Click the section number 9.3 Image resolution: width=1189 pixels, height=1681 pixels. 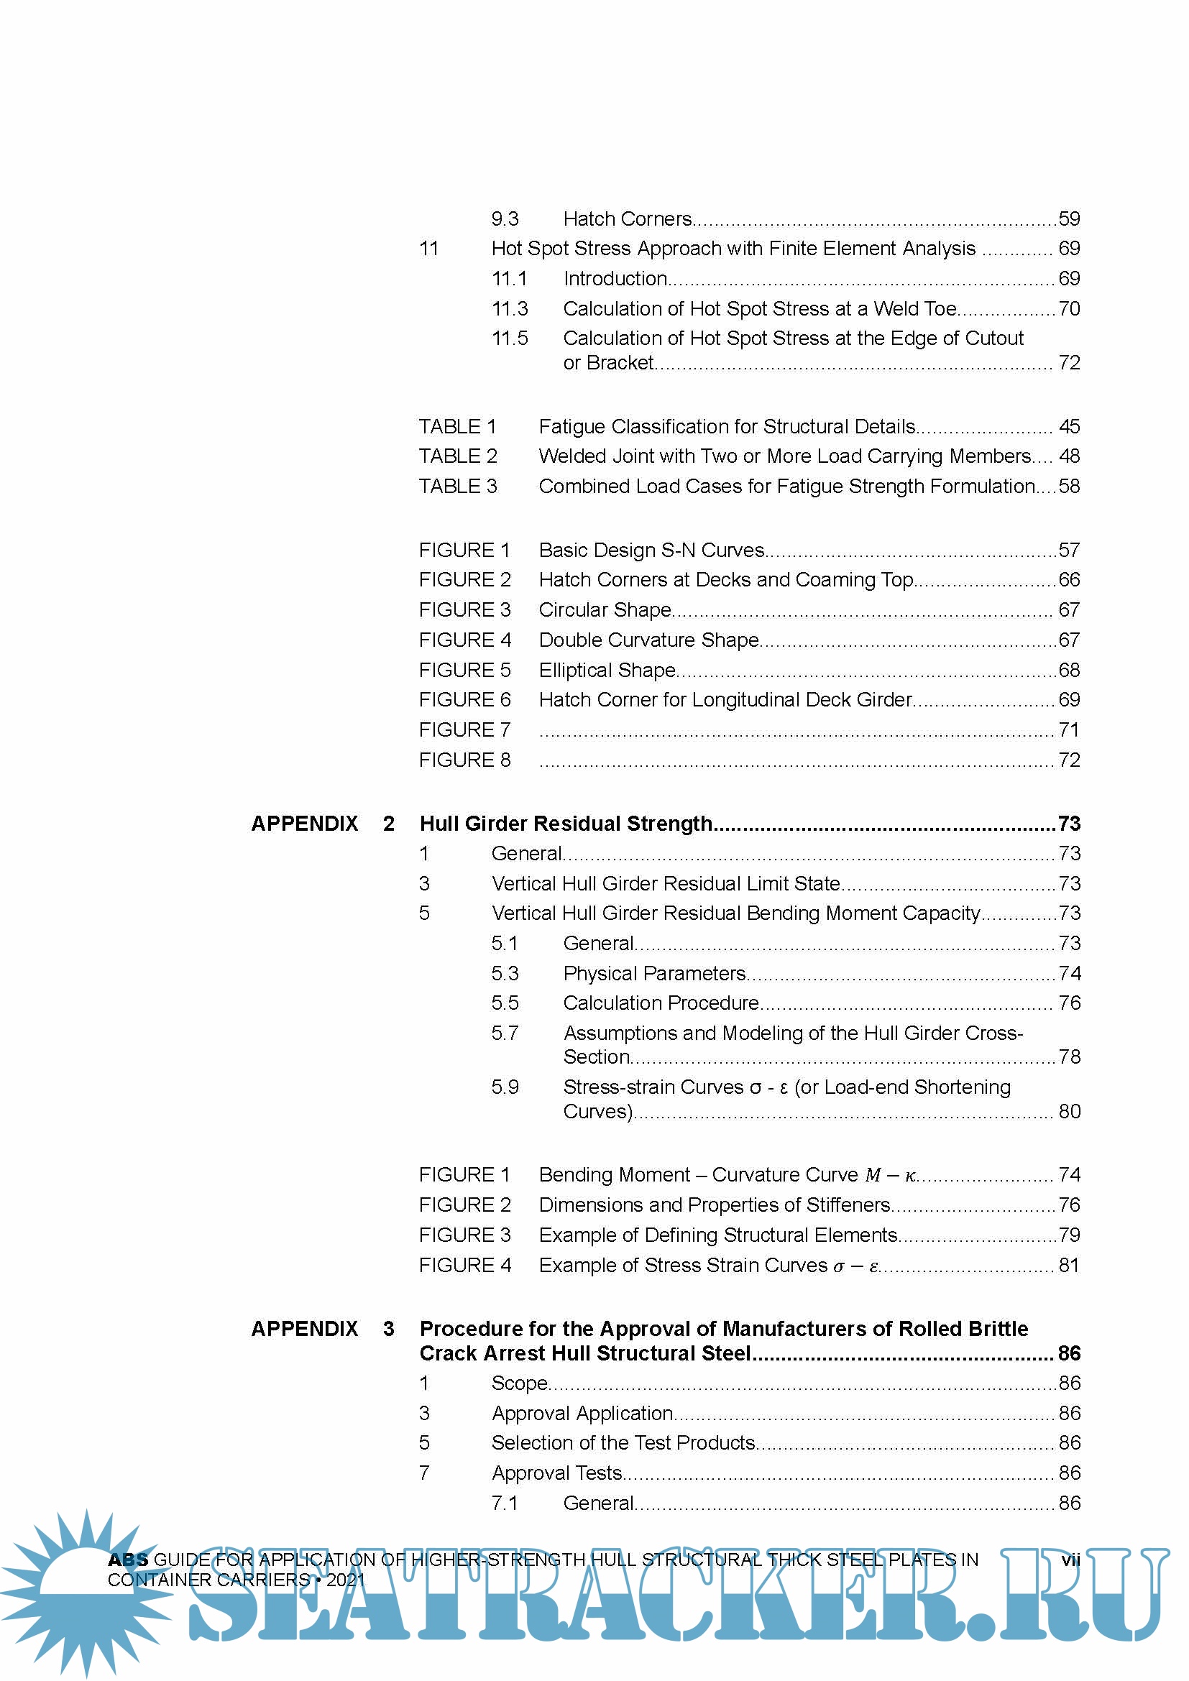(x=505, y=219)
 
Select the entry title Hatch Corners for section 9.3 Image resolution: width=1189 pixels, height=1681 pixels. (x=628, y=219)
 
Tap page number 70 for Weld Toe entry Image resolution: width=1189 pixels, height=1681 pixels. (x=1069, y=309)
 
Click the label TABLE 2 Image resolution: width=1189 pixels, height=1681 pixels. (x=458, y=456)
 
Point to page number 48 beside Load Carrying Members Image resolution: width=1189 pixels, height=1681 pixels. (x=1069, y=456)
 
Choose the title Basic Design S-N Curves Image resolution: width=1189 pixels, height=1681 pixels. (x=651, y=550)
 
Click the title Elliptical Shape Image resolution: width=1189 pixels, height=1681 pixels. (x=607, y=670)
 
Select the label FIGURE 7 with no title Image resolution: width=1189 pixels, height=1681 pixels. (x=464, y=730)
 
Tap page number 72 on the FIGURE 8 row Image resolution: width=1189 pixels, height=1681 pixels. (x=1069, y=760)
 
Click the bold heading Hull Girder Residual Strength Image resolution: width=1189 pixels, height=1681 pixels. (x=565, y=824)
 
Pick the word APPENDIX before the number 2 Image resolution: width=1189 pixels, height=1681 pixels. (x=305, y=824)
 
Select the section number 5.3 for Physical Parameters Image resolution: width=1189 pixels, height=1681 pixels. (x=505, y=973)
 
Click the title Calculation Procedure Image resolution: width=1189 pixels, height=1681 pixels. (x=661, y=1003)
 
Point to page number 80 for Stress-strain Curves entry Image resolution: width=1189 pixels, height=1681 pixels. (x=1069, y=1111)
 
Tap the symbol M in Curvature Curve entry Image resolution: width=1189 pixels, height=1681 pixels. (x=873, y=1175)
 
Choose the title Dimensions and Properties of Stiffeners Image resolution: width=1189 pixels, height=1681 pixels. (x=715, y=1205)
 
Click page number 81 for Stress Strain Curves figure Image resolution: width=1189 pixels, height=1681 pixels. (x=1069, y=1265)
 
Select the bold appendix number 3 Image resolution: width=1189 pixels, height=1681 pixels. (x=389, y=1329)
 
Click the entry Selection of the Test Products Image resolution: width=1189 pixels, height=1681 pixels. (x=623, y=1442)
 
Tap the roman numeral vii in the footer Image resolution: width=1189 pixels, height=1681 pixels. (x=1070, y=1560)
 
